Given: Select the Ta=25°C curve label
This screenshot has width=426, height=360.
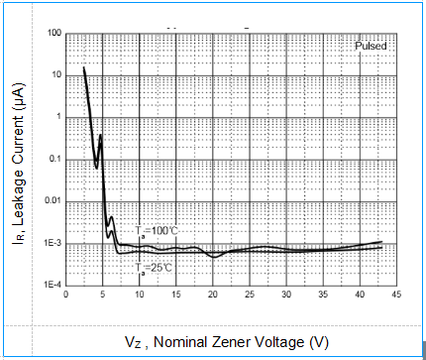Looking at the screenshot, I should point(155,268).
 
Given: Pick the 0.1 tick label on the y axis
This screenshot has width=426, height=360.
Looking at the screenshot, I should point(54,159).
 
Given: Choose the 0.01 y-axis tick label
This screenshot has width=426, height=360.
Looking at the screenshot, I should point(53,201).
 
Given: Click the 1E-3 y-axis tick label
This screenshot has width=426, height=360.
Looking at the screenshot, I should point(53,243).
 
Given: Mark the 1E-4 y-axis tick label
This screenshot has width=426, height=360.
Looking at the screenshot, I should point(53,285).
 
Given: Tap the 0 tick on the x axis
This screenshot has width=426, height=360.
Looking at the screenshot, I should point(65,295).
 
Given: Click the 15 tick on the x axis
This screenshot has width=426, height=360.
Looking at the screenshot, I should point(175,295).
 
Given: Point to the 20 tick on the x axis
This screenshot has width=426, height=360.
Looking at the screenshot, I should point(212,295).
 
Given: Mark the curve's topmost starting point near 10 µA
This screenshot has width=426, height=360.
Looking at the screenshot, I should point(83,68).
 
